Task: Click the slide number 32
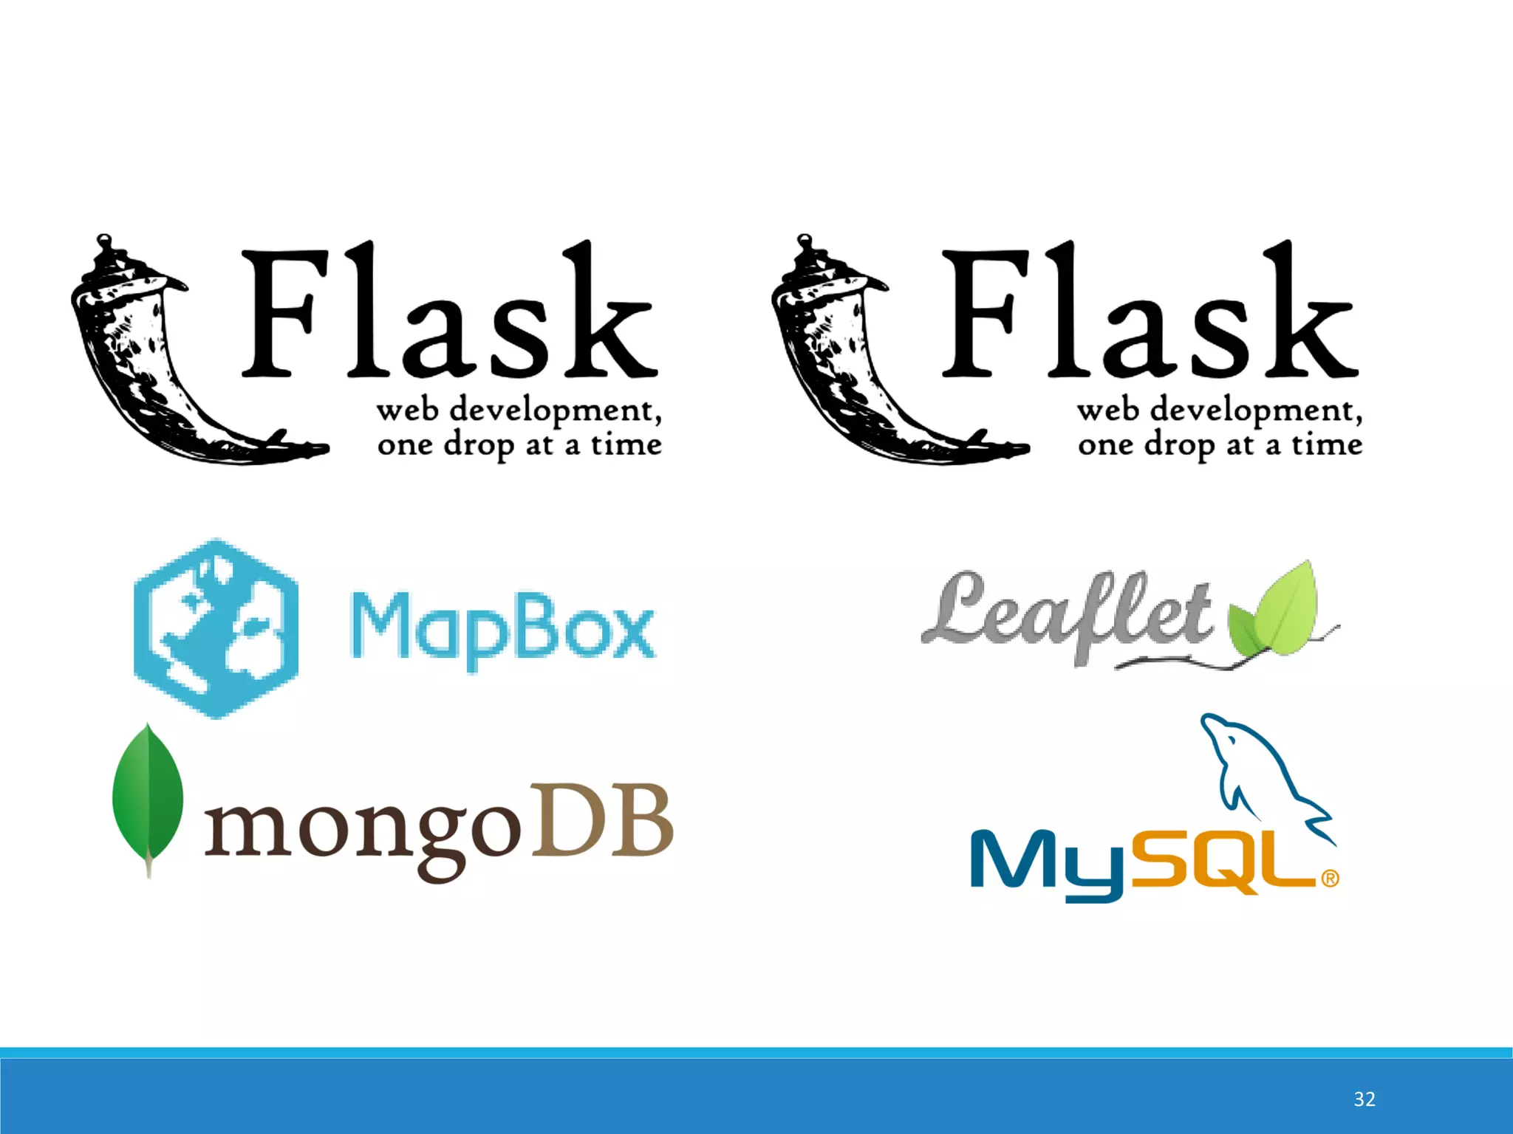click(x=1364, y=1099)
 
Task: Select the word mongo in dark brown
click(x=362, y=831)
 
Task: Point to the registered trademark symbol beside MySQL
click(x=1329, y=879)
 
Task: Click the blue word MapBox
click(x=502, y=628)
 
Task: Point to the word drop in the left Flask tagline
click(x=479, y=446)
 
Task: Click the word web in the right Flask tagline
click(x=1107, y=410)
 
